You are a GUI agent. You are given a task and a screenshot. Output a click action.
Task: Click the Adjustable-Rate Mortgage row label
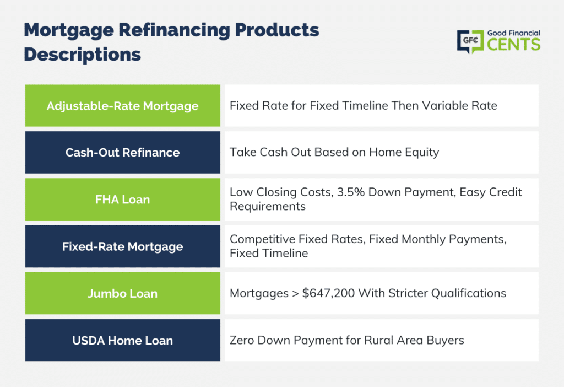point(123,106)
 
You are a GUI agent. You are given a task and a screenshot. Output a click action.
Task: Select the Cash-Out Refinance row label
point(123,153)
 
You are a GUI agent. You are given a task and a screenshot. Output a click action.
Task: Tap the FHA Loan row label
point(123,200)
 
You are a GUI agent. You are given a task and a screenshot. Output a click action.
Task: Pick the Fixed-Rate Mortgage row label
point(123,247)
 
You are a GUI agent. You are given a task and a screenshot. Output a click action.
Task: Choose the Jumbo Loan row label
point(123,294)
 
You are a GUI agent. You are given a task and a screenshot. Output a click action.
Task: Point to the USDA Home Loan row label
point(123,341)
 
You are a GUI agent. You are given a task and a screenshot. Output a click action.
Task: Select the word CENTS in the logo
point(514,45)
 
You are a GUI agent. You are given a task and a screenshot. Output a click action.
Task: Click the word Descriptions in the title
point(83,55)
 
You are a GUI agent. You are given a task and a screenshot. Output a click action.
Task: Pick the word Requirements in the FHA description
point(268,207)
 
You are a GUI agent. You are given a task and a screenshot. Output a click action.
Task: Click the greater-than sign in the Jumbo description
point(295,294)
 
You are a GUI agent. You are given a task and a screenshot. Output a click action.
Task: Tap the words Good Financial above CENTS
point(514,33)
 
